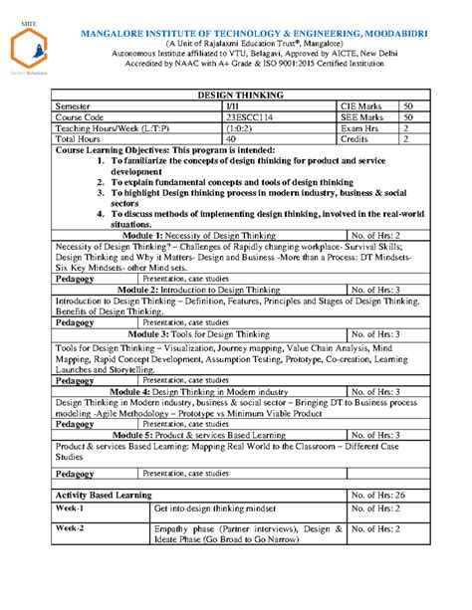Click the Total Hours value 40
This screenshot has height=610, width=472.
(x=232, y=139)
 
